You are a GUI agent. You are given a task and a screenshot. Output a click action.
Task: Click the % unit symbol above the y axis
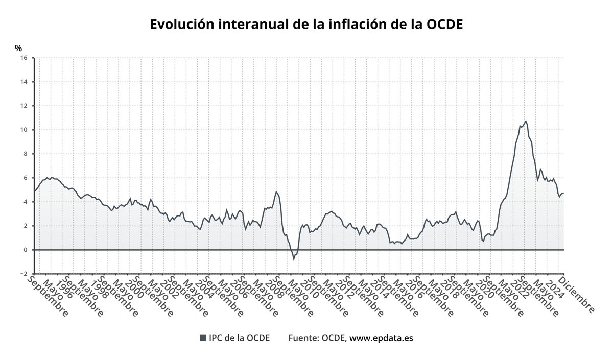[x=18, y=49]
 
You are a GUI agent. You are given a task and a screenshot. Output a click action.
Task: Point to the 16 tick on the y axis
[x=23, y=58]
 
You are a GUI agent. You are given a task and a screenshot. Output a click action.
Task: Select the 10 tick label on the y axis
[x=23, y=130]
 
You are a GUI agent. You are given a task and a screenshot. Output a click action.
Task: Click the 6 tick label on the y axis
[x=25, y=178]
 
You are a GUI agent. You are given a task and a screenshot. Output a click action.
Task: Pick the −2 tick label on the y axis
[x=23, y=274]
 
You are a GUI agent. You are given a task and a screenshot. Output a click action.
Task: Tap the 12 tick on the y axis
[x=23, y=106]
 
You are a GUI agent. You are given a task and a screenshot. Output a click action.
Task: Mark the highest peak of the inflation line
[x=526, y=121]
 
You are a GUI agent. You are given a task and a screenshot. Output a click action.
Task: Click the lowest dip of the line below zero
[x=294, y=259]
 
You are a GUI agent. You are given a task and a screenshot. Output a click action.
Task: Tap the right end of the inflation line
[x=563, y=193]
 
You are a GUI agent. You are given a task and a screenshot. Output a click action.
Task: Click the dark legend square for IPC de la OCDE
[x=203, y=338]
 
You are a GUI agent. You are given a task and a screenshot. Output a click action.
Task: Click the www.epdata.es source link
[x=381, y=338]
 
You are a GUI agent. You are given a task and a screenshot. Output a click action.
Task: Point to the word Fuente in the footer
[x=303, y=338]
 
